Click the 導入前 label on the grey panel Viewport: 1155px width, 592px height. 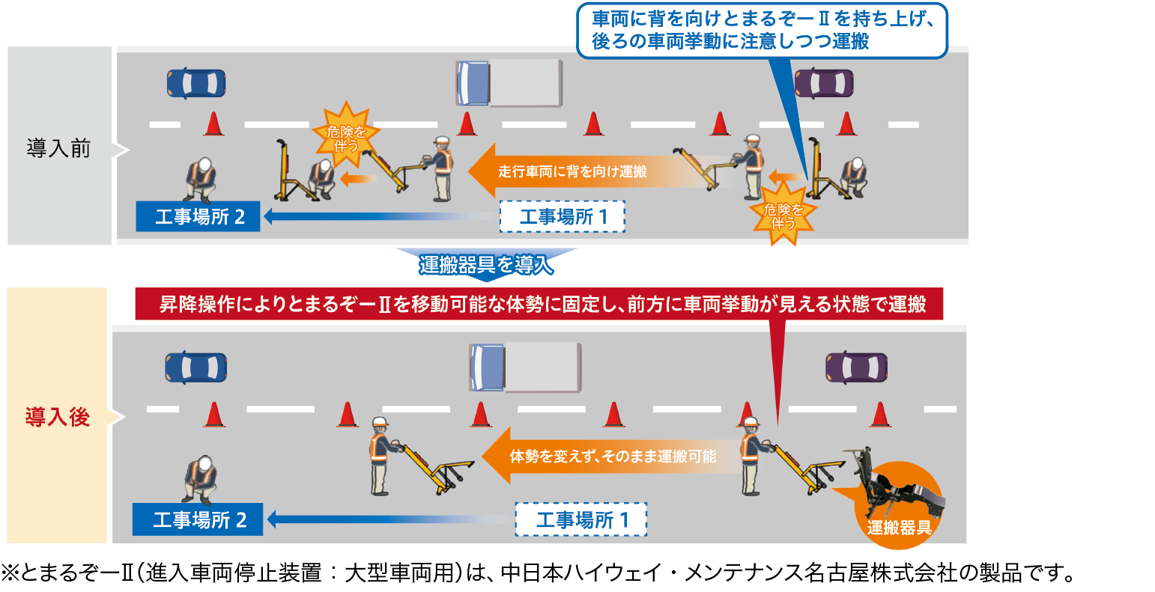coord(58,148)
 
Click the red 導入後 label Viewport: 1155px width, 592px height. coord(58,417)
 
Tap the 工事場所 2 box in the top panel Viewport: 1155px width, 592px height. coord(198,217)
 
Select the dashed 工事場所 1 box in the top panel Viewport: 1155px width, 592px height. coord(563,217)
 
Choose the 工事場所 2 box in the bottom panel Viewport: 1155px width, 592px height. coord(198,519)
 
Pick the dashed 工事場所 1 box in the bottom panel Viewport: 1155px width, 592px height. coord(581,519)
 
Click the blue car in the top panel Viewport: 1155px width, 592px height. coord(196,84)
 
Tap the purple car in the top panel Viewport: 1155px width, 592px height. coord(824,84)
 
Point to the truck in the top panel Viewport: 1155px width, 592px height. coord(509,83)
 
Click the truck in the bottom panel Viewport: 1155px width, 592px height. coord(524,367)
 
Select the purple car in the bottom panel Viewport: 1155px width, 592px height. coord(856,367)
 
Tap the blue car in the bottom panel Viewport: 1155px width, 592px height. coord(196,367)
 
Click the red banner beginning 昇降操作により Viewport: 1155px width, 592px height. coord(539,304)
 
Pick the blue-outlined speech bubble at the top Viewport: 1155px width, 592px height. coord(761,30)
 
